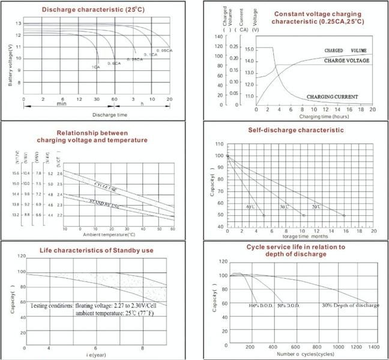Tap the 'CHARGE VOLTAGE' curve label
[346, 61]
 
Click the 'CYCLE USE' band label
[106, 185]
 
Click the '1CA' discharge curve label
[96, 67]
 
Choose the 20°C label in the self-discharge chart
[315, 207]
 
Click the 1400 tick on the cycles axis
[373, 347]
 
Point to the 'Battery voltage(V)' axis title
[10, 65]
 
